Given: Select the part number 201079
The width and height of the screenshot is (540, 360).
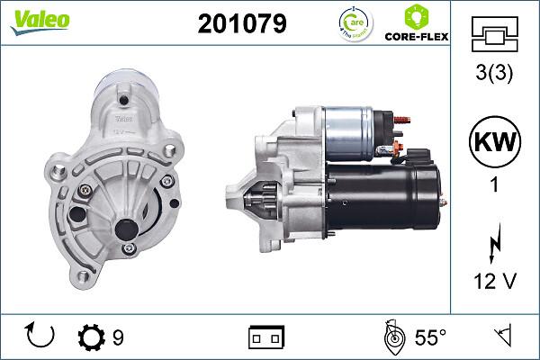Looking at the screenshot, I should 241,24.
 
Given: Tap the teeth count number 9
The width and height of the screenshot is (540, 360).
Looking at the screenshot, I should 118,338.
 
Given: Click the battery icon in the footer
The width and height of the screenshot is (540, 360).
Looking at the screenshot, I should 265,337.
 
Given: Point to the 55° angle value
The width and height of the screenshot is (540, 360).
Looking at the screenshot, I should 430,338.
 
